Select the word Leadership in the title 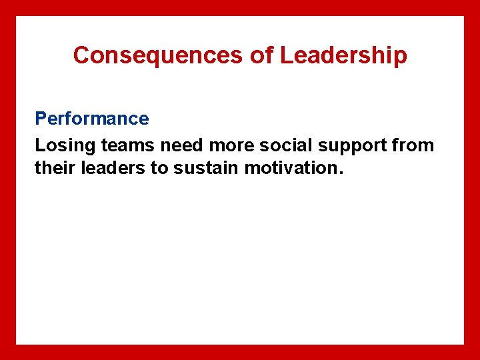[343, 55]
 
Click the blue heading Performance [92, 119]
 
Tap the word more [230, 145]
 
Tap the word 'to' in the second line [159, 168]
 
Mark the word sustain [206, 168]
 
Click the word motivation [291, 168]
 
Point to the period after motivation [342, 173]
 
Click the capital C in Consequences [81, 55]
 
